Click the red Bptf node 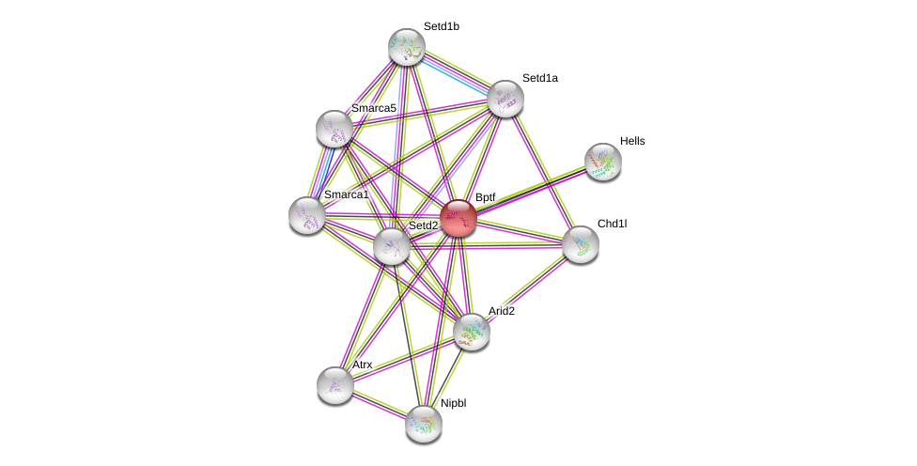458,218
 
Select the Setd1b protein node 407,47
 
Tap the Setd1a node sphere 505,99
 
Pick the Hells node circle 603,162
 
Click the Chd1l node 581,244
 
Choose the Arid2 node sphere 472,332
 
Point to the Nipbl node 424,424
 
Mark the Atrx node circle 335,385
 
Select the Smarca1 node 307,215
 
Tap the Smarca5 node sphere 334,129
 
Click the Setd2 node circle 392,246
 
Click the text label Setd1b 441,26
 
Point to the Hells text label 632,141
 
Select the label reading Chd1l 612,224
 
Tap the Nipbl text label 453,403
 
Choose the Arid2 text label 501,311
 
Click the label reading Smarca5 373,108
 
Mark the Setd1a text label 539,78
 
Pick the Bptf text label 485,197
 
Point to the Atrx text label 362,365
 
